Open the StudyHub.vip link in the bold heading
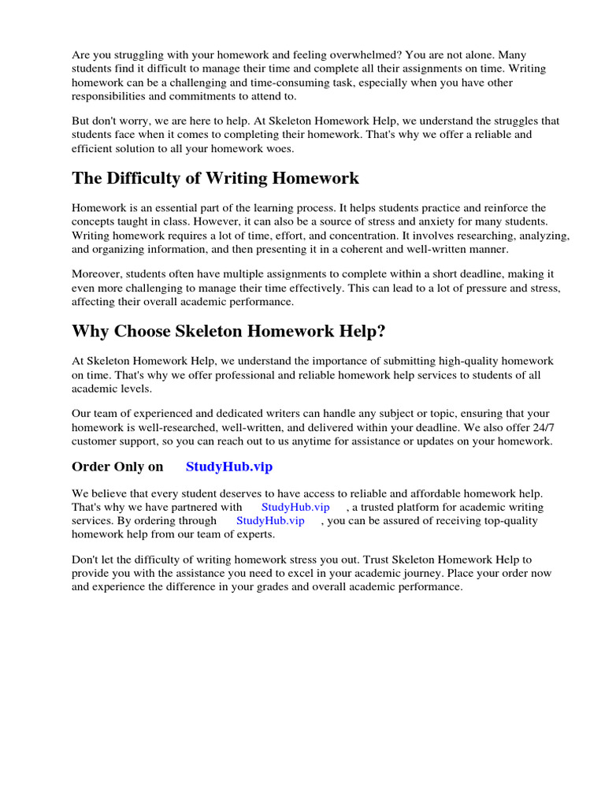click(x=229, y=467)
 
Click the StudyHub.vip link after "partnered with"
click(x=295, y=507)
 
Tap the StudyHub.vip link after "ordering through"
click(x=270, y=520)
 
